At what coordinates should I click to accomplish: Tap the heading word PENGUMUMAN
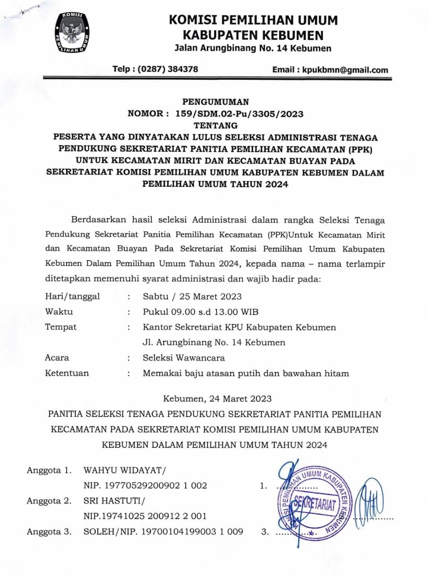coord(215,102)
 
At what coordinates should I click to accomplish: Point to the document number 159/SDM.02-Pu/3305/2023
coord(239,114)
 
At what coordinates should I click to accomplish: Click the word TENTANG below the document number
coord(215,125)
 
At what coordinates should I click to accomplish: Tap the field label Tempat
coord(61,327)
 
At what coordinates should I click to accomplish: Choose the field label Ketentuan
coord(67,373)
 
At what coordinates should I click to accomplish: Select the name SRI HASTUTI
coord(113,501)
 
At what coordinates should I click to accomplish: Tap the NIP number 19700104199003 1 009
coord(192,531)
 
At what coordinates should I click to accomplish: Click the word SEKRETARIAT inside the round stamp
coord(315,502)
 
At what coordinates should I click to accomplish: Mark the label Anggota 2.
coord(49,501)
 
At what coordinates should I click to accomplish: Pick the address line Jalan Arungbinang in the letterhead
coord(252,48)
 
